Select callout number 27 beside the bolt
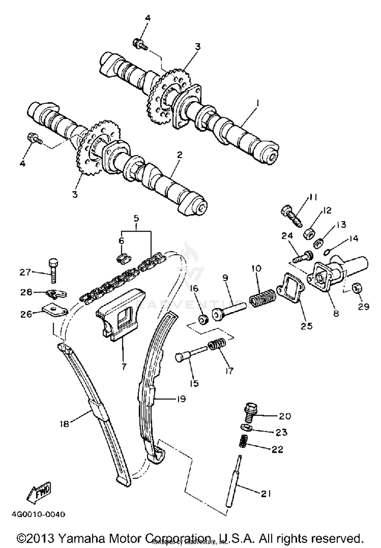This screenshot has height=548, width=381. click(x=25, y=272)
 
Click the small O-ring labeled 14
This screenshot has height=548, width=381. click(x=327, y=252)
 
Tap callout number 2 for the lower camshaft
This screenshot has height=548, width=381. click(x=180, y=155)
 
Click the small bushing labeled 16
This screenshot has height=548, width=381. click(x=203, y=320)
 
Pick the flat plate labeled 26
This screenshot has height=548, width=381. click(x=55, y=311)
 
